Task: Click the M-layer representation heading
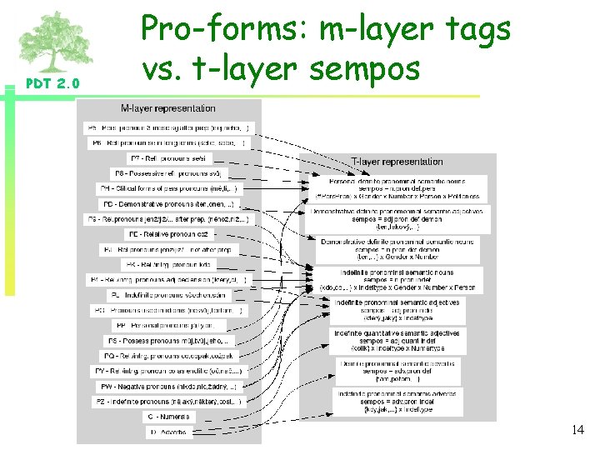(167, 108)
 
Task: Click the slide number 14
(577, 430)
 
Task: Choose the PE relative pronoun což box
(169, 234)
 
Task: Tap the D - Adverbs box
(169, 432)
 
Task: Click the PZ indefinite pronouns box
(168, 402)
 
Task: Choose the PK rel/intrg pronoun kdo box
(169, 264)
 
